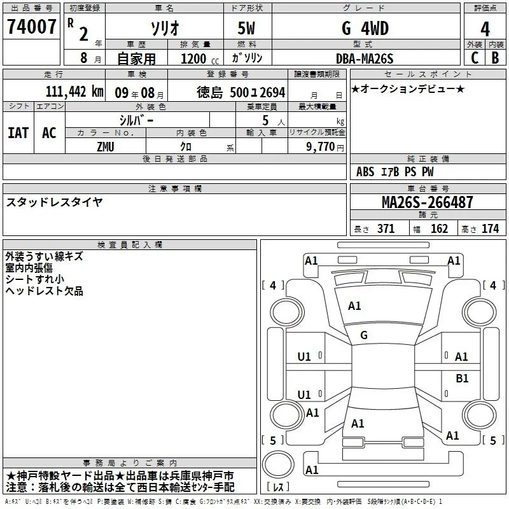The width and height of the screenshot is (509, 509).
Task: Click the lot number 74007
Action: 31,27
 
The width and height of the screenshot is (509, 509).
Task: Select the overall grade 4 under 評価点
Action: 485,29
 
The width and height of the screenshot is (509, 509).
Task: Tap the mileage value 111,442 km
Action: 74,92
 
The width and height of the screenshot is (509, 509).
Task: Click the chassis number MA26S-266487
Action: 427,202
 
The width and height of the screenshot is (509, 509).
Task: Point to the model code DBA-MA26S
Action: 365,59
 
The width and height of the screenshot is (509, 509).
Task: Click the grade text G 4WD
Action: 365,29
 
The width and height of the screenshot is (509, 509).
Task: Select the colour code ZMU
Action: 106,147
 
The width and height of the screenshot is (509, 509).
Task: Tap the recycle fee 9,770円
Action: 325,147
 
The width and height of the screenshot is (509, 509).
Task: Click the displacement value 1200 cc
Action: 200,59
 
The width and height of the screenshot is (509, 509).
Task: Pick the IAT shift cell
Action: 18,133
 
